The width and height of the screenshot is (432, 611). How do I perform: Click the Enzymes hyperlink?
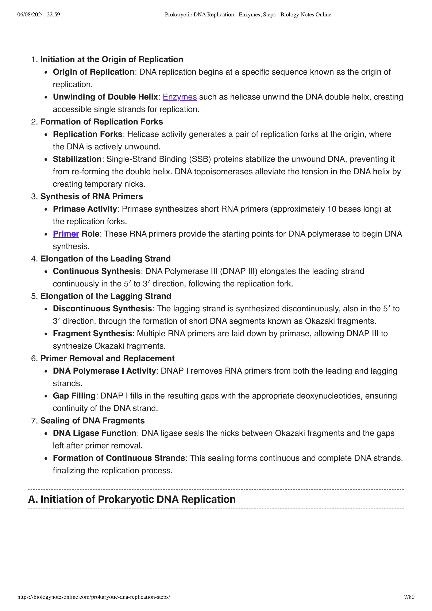coord(180,97)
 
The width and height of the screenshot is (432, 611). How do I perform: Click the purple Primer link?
coord(66,234)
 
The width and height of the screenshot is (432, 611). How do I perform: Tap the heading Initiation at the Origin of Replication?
coord(112,59)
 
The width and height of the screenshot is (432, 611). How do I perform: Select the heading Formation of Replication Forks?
coord(101,122)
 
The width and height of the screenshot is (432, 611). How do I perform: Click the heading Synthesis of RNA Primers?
coord(92,197)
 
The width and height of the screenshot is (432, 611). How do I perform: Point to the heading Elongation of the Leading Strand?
coord(105,259)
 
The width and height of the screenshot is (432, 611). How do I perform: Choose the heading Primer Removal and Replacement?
coord(107,358)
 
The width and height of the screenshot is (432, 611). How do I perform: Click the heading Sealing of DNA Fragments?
coord(92,421)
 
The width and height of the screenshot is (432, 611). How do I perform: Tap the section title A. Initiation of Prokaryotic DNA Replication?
coord(132,499)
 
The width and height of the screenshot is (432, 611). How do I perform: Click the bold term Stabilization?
coord(77,159)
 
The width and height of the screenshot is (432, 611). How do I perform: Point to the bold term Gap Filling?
coord(74,396)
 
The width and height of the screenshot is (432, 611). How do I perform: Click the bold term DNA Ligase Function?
coord(94,433)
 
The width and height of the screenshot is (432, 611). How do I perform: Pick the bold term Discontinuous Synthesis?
coord(102,309)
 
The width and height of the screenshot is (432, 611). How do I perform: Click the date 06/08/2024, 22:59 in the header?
coord(39,15)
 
